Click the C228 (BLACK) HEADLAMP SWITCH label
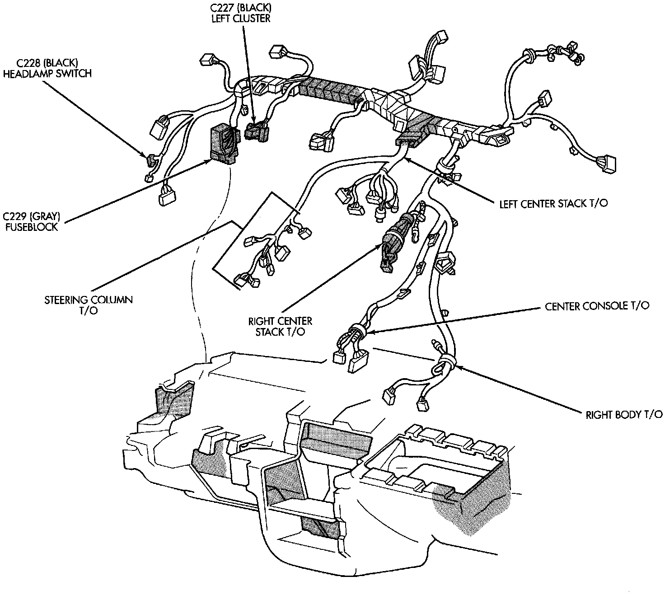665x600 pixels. click(x=47, y=68)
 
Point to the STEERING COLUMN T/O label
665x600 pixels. click(x=89, y=305)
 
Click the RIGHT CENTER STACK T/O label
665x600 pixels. click(x=280, y=326)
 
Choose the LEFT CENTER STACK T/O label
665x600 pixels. click(x=553, y=204)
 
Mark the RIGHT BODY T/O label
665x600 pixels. click(x=624, y=415)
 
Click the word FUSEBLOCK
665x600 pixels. click(x=32, y=227)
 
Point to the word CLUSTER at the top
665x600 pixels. click(x=255, y=19)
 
